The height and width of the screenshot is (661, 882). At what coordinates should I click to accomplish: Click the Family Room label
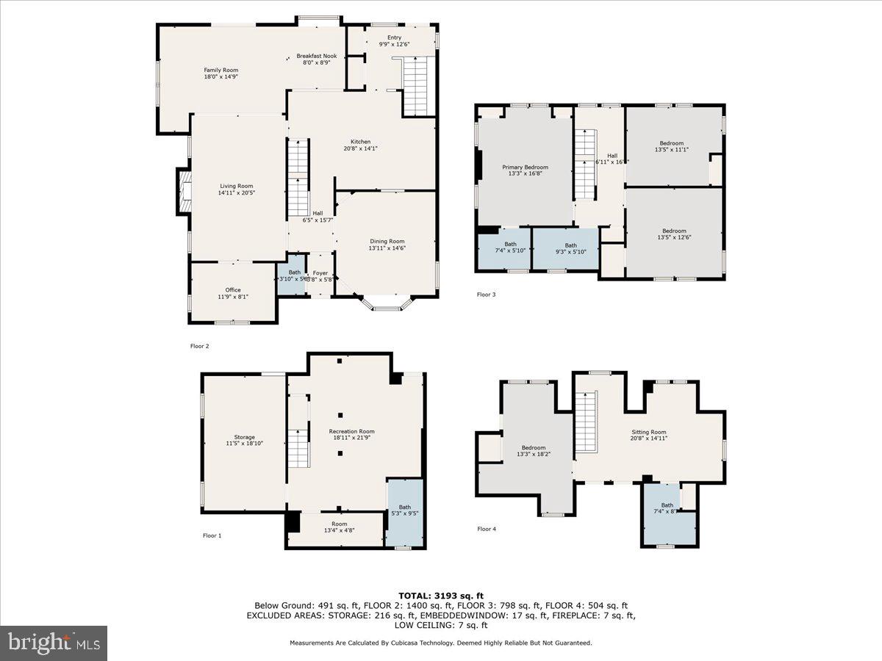click(220, 70)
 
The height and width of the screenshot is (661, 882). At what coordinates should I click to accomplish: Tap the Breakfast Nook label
click(316, 56)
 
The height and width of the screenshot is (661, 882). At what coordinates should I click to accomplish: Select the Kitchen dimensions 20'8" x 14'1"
click(360, 148)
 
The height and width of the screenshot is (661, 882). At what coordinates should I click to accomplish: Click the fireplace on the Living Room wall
click(183, 191)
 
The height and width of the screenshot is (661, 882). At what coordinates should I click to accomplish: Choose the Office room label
click(233, 290)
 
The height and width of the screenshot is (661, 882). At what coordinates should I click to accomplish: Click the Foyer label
click(320, 272)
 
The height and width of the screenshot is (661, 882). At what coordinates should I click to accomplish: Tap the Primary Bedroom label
click(525, 167)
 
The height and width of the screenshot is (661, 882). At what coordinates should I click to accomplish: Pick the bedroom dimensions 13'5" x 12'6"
click(674, 237)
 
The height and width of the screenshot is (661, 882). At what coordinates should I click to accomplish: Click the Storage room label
click(244, 437)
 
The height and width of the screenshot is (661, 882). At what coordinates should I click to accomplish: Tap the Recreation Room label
click(351, 431)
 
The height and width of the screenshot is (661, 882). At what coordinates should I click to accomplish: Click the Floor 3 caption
click(486, 295)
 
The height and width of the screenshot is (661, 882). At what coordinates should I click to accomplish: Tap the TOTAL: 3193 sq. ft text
click(441, 596)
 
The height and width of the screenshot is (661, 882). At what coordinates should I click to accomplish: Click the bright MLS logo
click(54, 643)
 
